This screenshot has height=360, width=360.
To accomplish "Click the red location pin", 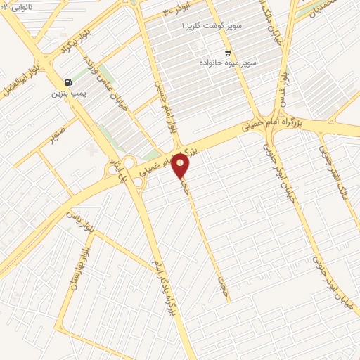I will coord(181,166).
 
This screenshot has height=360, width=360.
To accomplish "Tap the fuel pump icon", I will coord(67,82).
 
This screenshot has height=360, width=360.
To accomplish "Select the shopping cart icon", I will coord(227,53).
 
